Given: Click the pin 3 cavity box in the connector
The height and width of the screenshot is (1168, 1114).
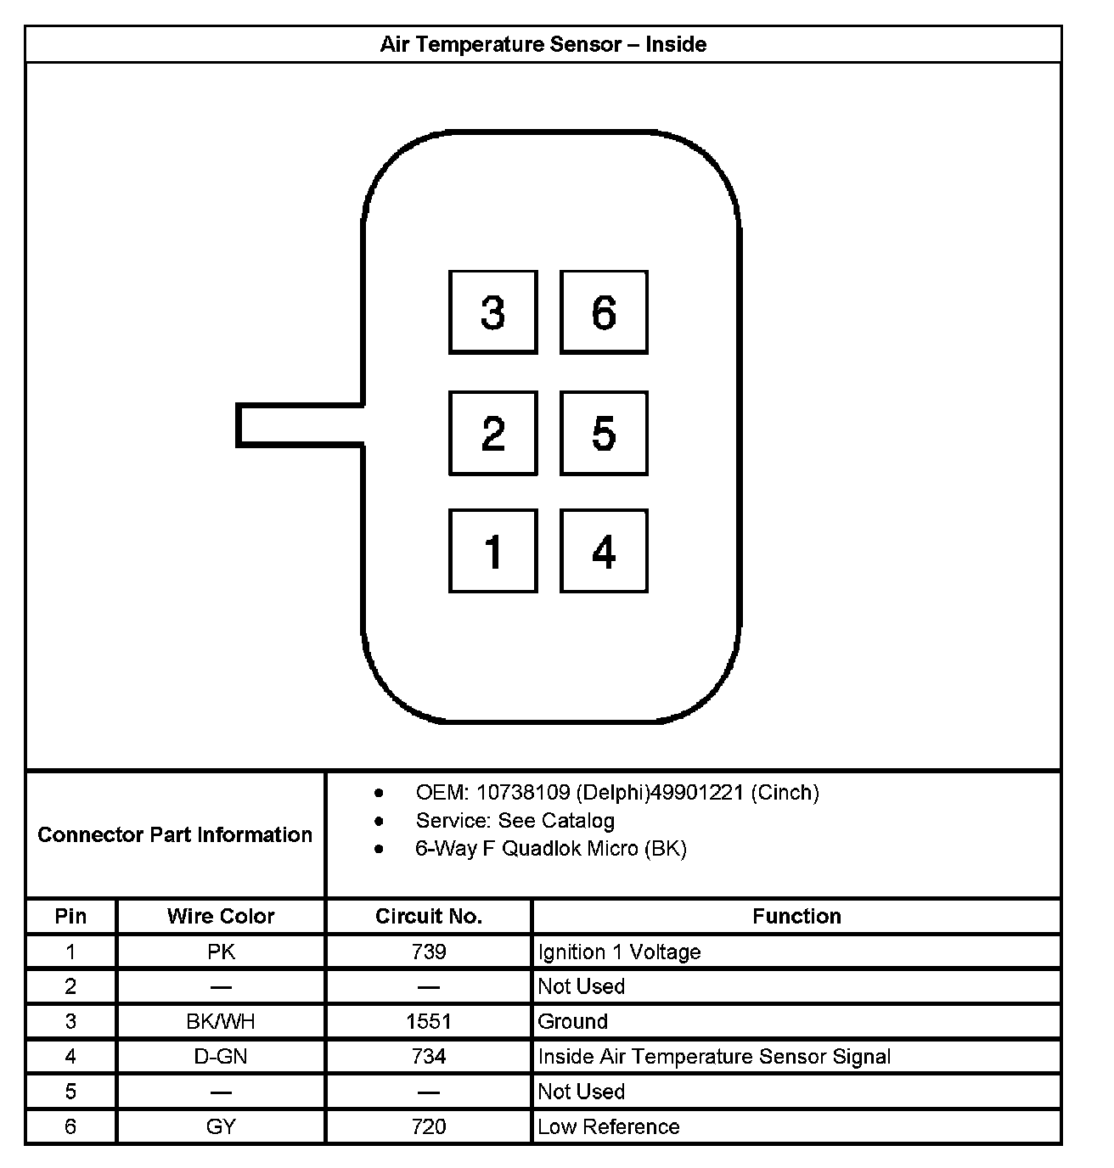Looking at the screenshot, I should tap(492, 312).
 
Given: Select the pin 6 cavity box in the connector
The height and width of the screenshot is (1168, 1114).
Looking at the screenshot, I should tap(604, 312).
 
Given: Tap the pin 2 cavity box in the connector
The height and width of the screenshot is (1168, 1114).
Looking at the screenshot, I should tap(492, 433).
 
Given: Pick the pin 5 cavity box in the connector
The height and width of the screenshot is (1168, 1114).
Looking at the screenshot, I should tap(604, 433).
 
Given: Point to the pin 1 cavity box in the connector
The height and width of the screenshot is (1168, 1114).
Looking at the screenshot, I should tap(492, 551).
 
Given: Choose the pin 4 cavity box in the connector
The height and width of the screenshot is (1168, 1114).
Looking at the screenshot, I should tap(604, 551).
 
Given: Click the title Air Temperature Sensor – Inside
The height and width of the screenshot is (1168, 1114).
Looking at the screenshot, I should tap(543, 44).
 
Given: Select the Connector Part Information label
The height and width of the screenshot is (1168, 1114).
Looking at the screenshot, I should tap(175, 834).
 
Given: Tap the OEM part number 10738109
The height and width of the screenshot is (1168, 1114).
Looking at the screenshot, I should tap(522, 793).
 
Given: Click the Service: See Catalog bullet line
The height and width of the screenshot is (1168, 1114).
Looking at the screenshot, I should tap(515, 821).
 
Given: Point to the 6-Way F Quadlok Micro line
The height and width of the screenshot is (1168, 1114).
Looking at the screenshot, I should tap(550, 849).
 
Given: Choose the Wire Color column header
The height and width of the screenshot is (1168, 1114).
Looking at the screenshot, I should tap(221, 917).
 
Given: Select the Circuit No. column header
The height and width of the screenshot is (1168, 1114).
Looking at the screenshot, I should tap(428, 917).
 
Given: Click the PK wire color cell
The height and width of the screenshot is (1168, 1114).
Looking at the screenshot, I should tap(221, 952).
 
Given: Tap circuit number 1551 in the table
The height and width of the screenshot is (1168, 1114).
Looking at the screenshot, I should tap(428, 1021).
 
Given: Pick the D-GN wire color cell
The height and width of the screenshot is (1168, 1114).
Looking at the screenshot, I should tap(221, 1057).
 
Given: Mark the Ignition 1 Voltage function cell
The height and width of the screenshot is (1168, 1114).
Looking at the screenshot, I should tap(619, 952).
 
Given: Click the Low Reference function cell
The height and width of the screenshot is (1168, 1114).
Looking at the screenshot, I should tap(608, 1127).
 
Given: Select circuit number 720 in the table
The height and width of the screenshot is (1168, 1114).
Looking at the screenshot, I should tap(428, 1127).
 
